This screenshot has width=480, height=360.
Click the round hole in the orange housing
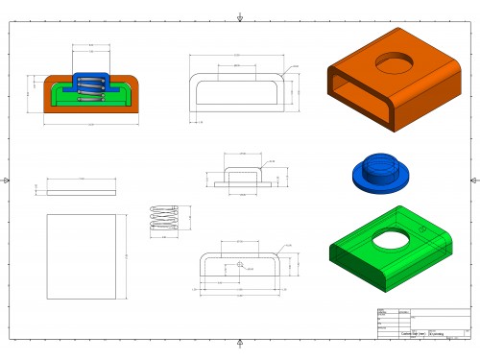click(392, 63)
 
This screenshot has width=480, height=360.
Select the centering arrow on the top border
click(239, 17)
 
